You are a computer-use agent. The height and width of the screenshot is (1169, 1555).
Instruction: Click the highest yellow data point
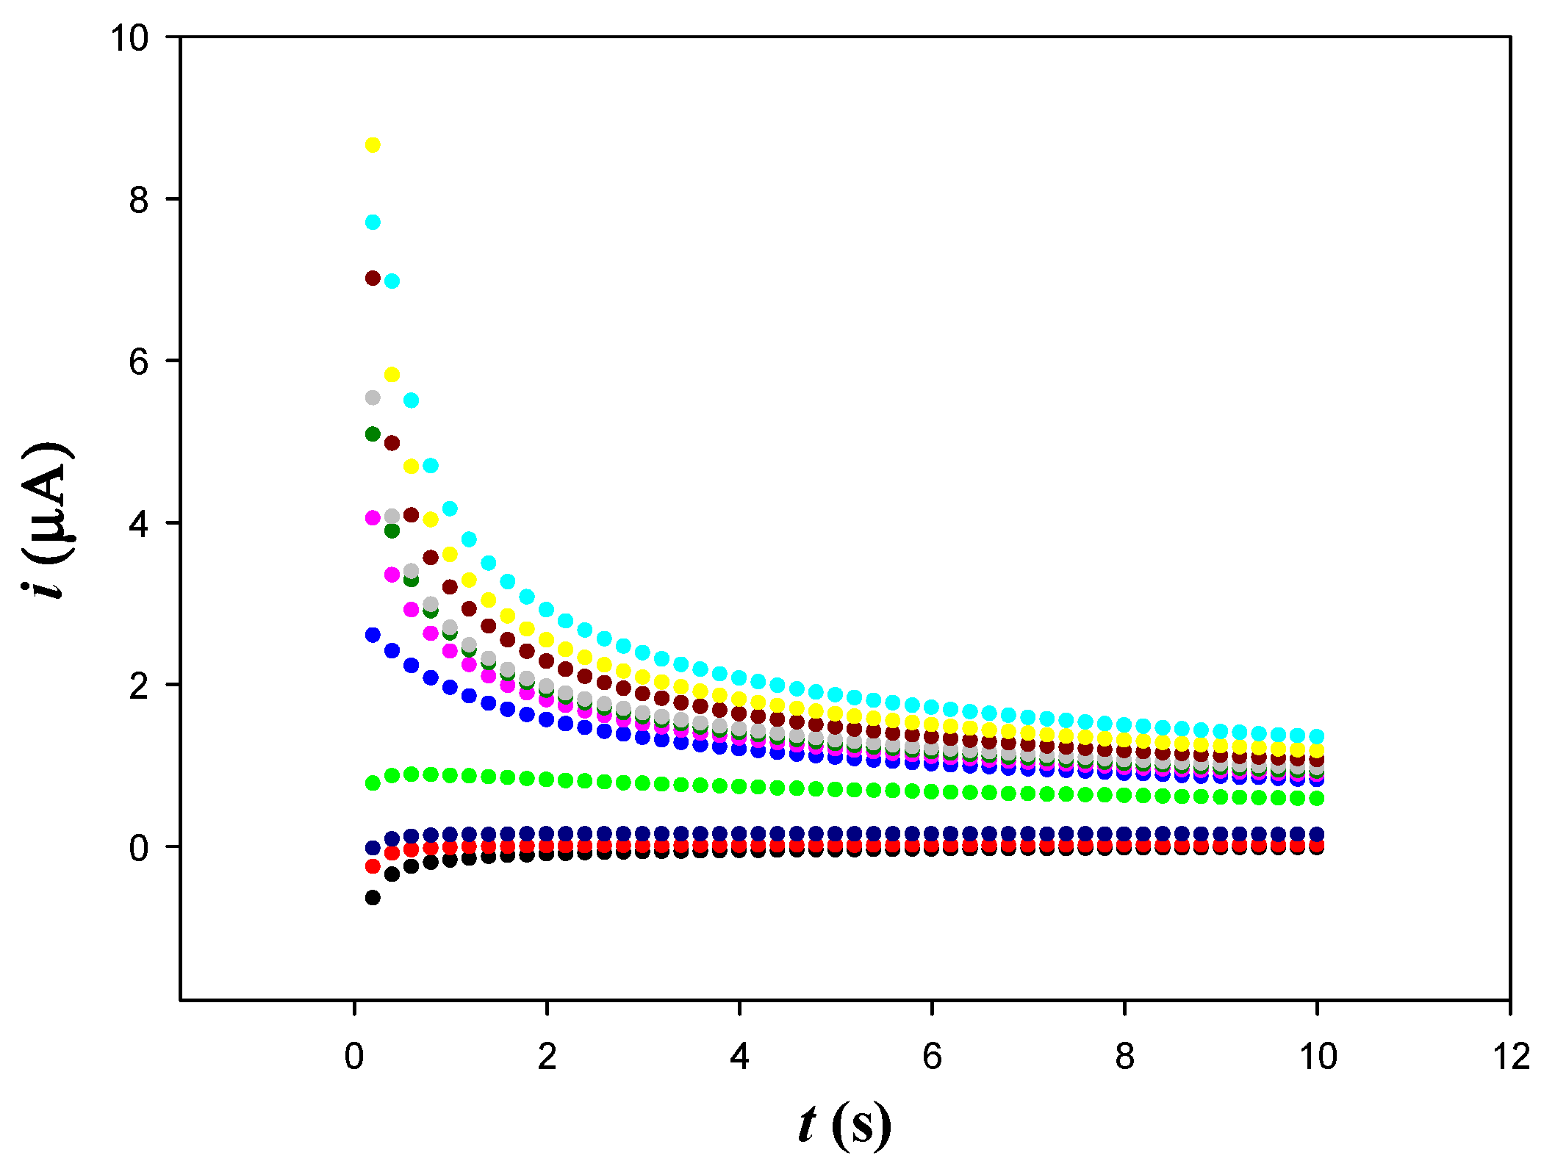373,145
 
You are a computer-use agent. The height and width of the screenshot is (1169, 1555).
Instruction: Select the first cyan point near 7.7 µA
373,222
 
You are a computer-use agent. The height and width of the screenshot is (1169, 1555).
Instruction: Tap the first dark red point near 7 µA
373,278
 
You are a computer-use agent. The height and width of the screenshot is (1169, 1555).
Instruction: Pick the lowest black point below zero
373,897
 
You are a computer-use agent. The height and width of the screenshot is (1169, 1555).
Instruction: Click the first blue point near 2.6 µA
373,635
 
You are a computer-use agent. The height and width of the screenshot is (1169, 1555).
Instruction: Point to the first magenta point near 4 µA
373,518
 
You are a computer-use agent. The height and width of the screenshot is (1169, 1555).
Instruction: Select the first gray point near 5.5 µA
373,398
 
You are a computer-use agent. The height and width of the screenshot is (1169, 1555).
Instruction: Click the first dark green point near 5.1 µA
373,434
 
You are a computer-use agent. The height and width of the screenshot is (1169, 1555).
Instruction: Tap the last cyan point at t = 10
1317,735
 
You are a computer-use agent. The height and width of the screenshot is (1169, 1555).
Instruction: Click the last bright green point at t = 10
1317,798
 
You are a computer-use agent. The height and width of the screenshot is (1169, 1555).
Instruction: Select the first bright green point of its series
373,783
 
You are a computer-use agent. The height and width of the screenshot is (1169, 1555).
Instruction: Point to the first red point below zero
373,866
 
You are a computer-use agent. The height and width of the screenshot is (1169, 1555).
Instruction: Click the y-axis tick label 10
129,37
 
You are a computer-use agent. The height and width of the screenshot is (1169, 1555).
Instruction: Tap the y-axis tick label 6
139,362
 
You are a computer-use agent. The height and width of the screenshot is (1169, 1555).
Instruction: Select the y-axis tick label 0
139,848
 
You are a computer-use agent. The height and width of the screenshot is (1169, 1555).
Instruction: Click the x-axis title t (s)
845,1125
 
